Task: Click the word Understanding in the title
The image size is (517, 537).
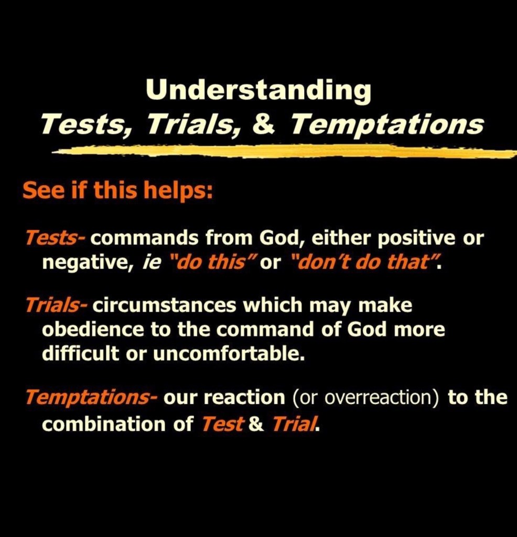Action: [x=258, y=91]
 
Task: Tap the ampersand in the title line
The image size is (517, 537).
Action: [x=263, y=124]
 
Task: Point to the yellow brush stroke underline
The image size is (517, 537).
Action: [x=284, y=151]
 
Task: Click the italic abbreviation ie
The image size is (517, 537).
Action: [x=151, y=262]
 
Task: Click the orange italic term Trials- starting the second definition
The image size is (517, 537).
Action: [x=57, y=305]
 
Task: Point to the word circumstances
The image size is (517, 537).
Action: [x=164, y=306]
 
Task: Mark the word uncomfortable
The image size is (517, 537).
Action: [x=229, y=353]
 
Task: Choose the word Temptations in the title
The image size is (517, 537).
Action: [x=387, y=124]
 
